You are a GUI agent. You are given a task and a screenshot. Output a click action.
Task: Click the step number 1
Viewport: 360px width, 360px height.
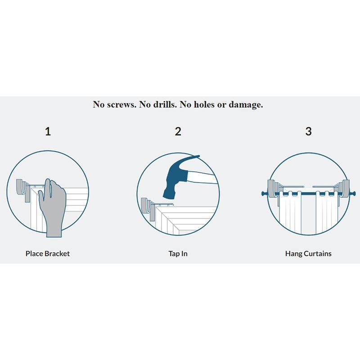(x=48, y=131)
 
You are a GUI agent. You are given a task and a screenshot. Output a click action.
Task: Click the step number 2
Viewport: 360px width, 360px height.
(x=178, y=131)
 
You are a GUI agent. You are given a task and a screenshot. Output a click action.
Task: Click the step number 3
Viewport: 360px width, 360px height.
(x=308, y=131)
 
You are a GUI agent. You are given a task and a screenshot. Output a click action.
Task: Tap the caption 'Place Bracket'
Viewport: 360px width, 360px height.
(x=48, y=253)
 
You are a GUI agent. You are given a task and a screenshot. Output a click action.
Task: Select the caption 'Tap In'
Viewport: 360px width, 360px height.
(x=178, y=253)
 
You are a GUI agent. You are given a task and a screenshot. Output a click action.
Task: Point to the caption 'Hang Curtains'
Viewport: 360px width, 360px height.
(x=308, y=253)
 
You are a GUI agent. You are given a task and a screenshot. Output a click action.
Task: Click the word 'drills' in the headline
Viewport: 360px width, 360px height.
(x=165, y=104)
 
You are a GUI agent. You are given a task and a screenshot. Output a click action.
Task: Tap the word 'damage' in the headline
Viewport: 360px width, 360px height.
(x=245, y=104)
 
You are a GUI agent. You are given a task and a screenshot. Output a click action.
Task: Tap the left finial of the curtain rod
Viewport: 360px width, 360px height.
(x=263, y=193)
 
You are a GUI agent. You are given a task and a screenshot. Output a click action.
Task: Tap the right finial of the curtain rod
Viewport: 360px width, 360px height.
(x=354, y=193)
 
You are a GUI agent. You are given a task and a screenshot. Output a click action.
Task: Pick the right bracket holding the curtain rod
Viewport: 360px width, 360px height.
(x=344, y=188)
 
